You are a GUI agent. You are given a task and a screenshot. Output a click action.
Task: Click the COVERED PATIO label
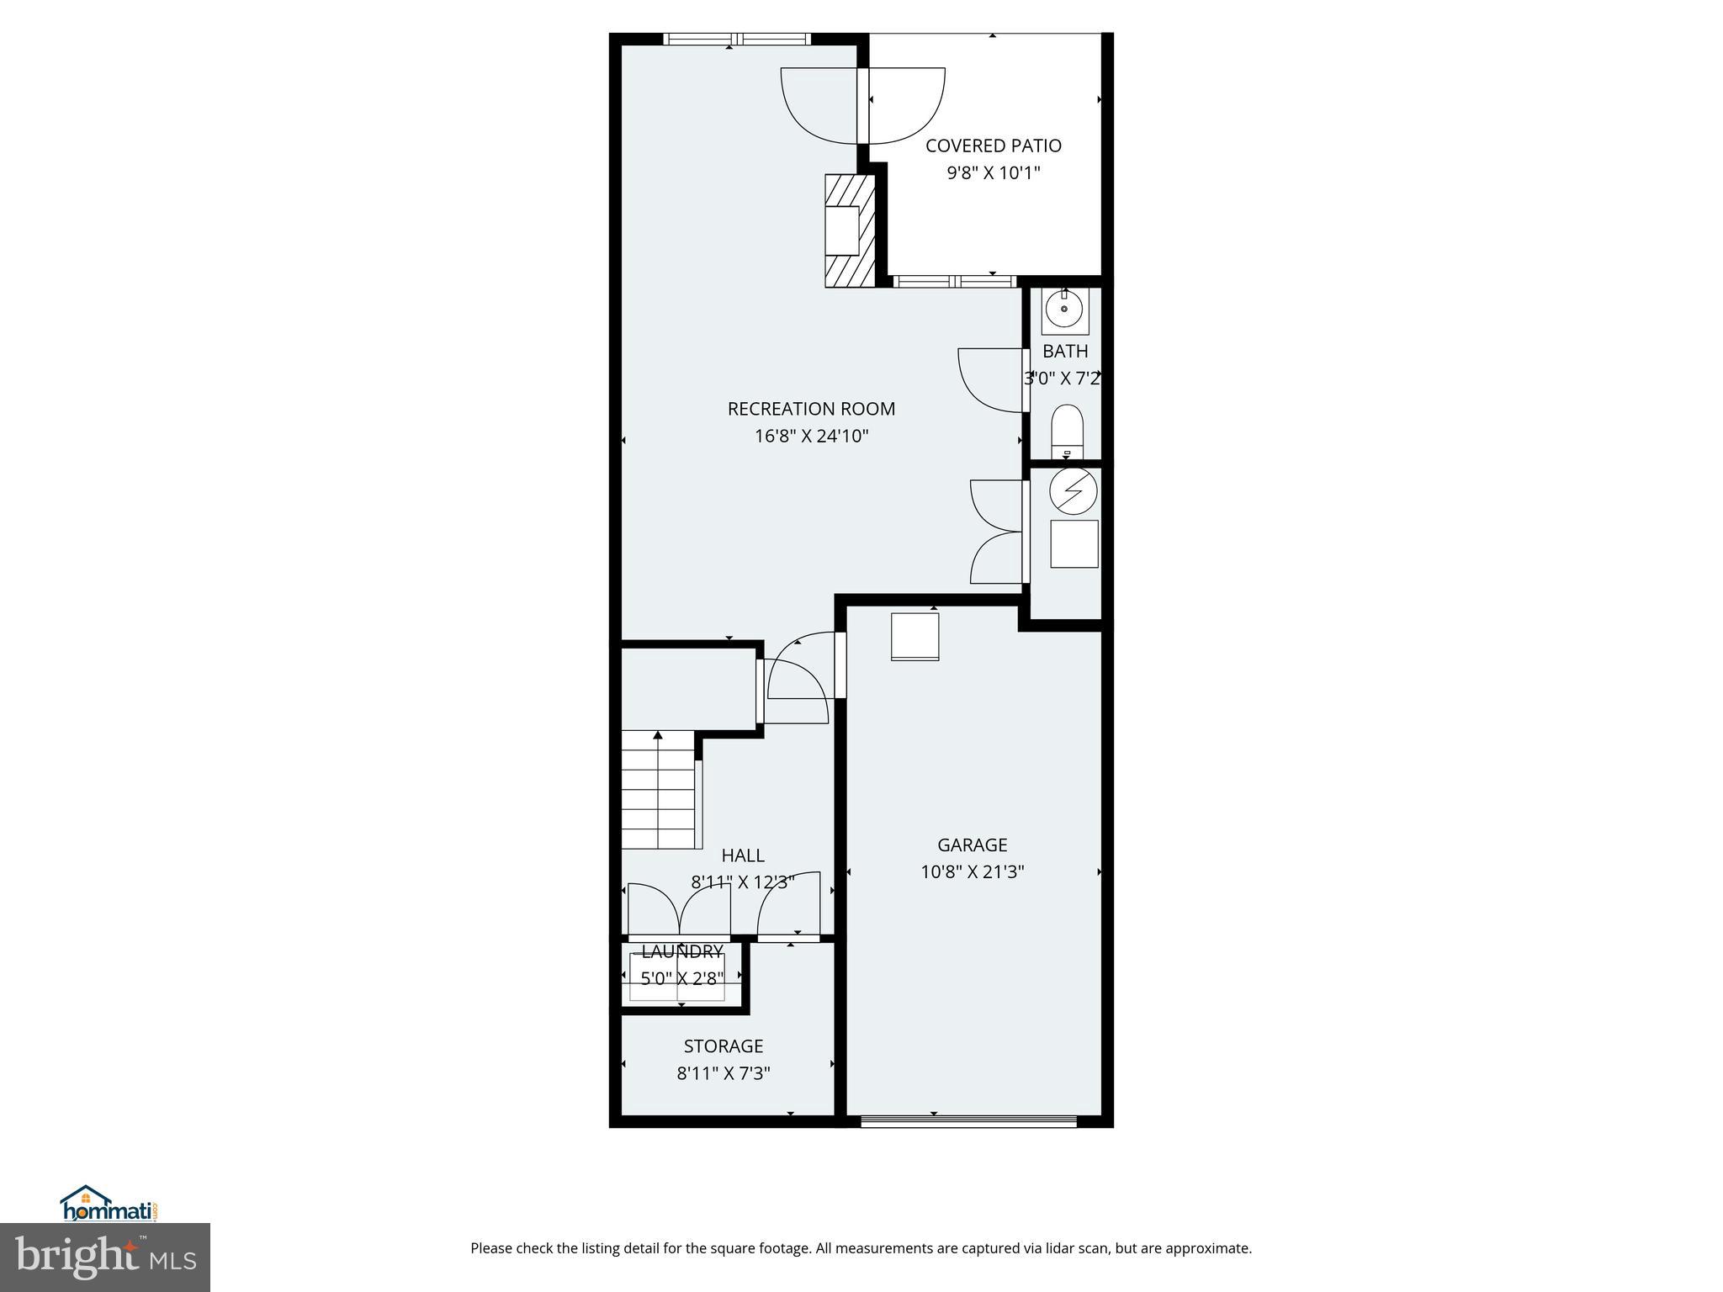click(993, 146)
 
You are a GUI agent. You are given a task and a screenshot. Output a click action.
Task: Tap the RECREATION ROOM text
click(811, 409)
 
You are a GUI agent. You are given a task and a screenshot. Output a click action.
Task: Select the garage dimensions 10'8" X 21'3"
click(972, 871)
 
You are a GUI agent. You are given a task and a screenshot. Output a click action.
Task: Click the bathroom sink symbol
click(1065, 310)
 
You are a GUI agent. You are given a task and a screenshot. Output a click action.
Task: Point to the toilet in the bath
click(1067, 430)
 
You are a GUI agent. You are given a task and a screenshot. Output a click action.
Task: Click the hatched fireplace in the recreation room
click(850, 231)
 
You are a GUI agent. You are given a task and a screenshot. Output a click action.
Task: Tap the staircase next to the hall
click(659, 791)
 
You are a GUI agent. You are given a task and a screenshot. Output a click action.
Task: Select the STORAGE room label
click(723, 1046)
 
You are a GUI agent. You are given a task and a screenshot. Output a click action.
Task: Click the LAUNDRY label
click(682, 951)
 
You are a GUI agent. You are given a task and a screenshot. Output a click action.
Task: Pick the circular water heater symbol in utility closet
click(1074, 490)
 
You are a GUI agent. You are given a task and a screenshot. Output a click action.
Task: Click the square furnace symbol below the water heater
click(1074, 543)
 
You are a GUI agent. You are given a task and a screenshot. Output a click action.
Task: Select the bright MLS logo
click(104, 1257)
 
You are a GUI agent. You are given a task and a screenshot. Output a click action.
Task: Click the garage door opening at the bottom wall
click(968, 1120)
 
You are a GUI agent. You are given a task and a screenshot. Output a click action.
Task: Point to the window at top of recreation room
click(736, 39)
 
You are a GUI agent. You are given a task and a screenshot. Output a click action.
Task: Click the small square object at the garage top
click(915, 637)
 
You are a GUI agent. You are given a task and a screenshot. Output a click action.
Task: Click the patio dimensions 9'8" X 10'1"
click(993, 173)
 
